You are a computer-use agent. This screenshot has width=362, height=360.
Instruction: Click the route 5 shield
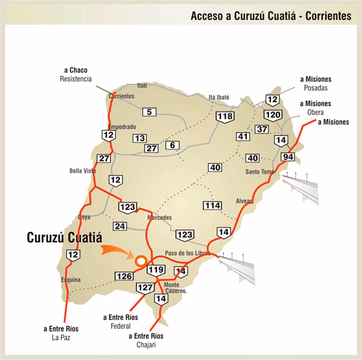click(x=150, y=112)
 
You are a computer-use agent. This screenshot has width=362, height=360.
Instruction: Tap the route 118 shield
click(x=226, y=117)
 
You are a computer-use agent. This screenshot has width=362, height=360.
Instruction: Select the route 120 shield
click(x=273, y=115)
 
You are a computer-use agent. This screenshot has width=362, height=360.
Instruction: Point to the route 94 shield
click(x=288, y=158)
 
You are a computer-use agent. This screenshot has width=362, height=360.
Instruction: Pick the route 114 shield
click(x=212, y=206)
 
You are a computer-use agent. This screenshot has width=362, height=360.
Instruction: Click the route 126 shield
click(x=124, y=276)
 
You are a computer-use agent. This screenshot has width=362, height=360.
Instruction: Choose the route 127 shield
click(x=145, y=288)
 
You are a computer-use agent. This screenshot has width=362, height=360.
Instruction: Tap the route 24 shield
click(x=119, y=227)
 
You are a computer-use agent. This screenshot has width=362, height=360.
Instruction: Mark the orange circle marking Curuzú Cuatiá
click(x=141, y=262)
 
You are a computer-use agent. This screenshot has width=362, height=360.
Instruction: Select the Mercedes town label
click(x=159, y=217)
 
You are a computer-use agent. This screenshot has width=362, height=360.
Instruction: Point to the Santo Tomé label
click(x=259, y=172)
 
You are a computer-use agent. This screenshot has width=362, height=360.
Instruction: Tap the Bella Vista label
click(x=83, y=171)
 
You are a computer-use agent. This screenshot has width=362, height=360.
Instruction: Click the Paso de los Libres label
click(x=187, y=253)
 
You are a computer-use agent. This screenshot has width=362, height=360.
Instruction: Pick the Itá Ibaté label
click(x=220, y=97)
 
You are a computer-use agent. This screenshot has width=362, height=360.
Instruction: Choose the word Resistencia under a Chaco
click(x=76, y=79)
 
